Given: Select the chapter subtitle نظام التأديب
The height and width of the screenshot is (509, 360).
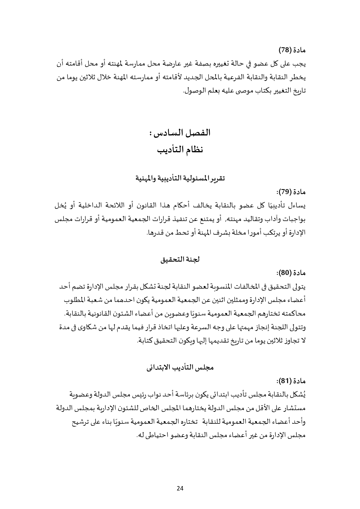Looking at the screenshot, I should pyautogui.click(x=180, y=150).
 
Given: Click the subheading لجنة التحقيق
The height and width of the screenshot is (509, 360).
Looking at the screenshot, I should pyautogui.click(x=180, y=259).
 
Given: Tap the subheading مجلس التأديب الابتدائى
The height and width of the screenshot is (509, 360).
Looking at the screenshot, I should pyautogui.click(x=180, y=367).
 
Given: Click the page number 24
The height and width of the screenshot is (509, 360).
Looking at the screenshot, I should pyautogui.click(x=180, y=488).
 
